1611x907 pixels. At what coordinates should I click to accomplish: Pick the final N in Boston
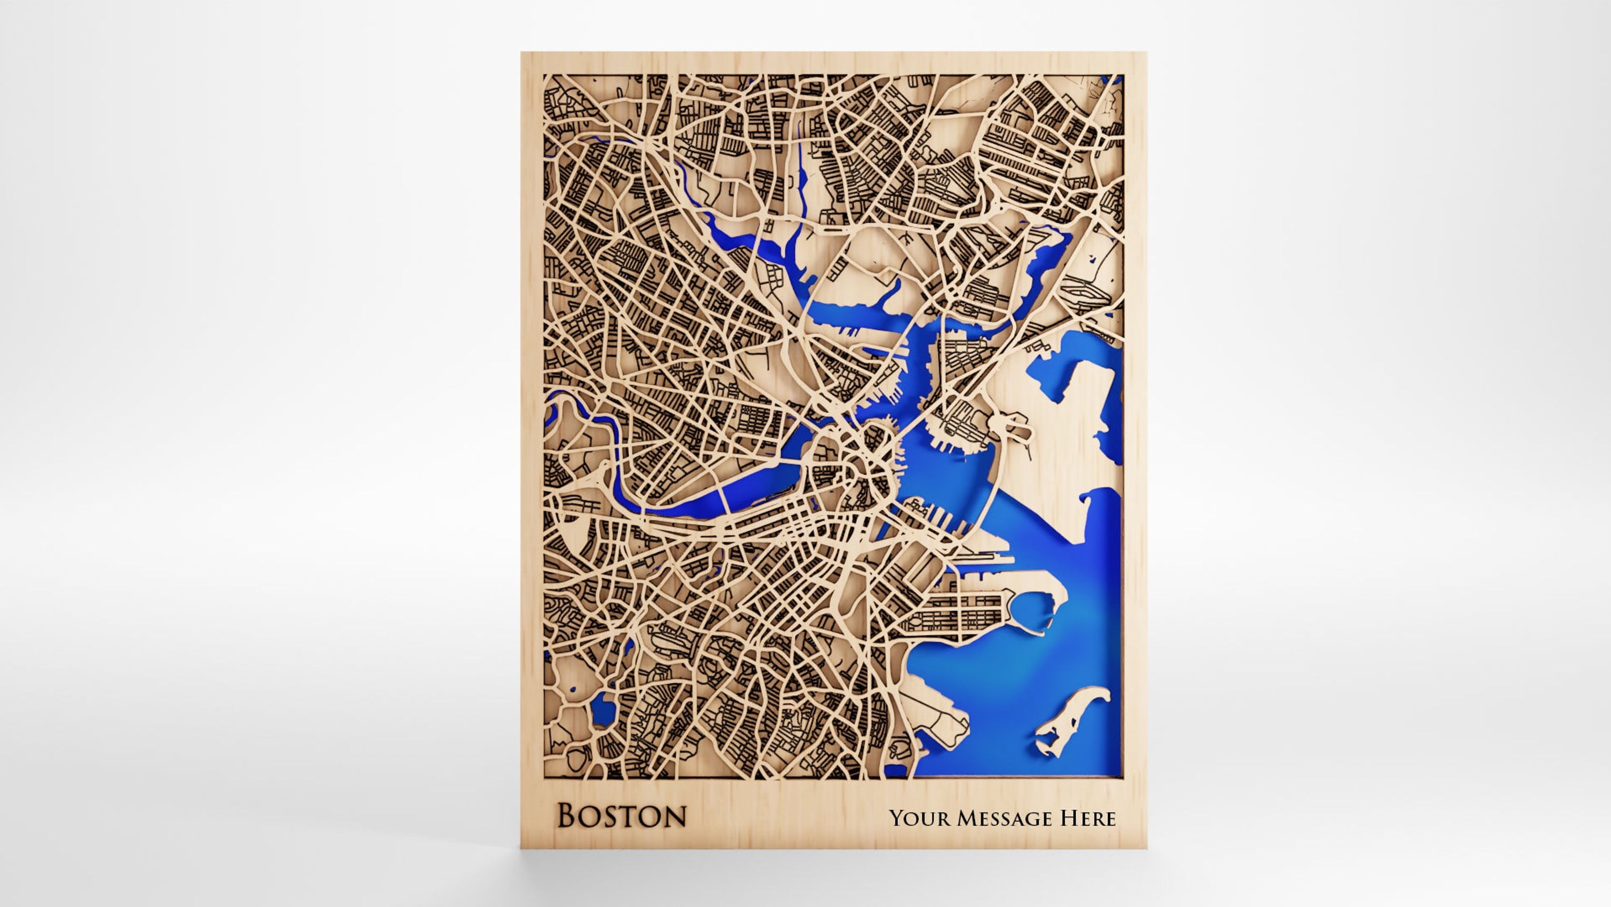click(x=674, y=816)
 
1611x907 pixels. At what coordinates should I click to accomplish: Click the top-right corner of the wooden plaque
click(x=1146, y=53)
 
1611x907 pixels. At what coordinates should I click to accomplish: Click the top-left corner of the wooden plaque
click(x=521, y=53)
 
